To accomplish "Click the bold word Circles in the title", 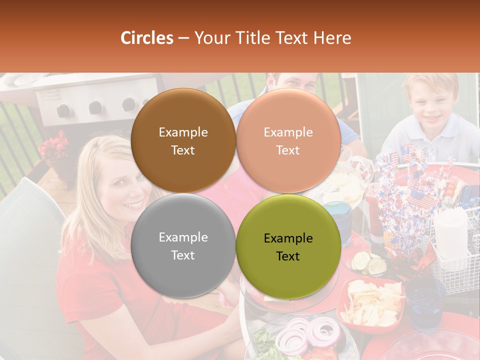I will [147, 38].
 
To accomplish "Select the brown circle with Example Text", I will [183, 140].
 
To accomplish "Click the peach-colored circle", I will [288, 140].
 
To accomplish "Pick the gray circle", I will [183, 245].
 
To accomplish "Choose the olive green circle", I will [288, 246].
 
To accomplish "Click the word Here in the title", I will [333, 38].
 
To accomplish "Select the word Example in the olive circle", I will [288, 238].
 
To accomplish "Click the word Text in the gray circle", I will [183, 255].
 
